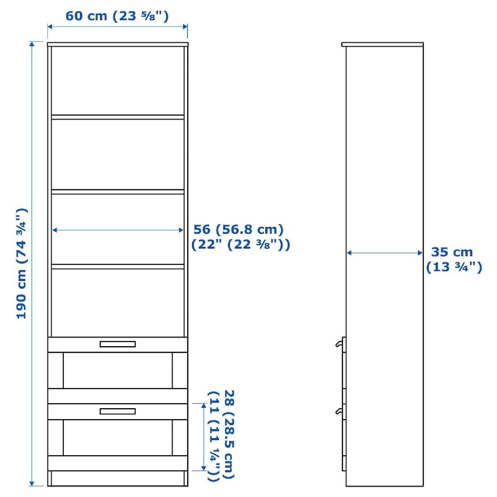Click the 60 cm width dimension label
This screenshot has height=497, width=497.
click(117, 16)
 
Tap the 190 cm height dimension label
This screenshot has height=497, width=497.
click(22, 263)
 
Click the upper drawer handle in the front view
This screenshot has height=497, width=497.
click(118, 344)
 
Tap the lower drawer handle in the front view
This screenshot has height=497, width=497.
click(118, 411)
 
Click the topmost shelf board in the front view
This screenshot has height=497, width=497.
click(118, 117)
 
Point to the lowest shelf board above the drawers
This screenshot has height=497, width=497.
click(118, 266)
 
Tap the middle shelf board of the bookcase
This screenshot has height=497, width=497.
click(118, 192)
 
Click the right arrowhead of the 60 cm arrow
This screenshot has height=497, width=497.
click(185, 27)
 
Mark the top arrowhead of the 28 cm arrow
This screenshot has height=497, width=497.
click(203, 406)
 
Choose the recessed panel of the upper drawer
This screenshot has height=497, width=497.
click(118, 370)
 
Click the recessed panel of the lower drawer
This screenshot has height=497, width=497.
click(118, 438)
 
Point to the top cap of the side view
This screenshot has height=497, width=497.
click(382, 44)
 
